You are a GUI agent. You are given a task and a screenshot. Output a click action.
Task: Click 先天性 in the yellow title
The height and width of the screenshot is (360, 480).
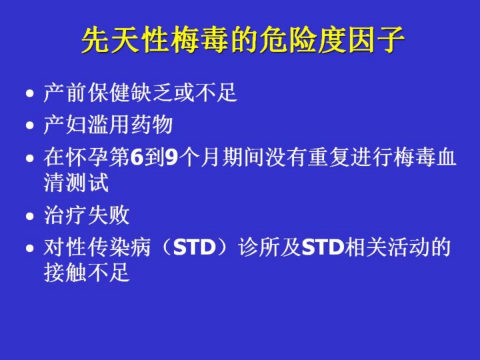[x=125, y=41]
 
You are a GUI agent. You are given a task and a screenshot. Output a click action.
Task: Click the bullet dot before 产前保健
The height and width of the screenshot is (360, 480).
[x=30, y=93]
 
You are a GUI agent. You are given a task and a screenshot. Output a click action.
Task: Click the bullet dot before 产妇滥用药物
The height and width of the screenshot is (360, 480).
[x=30, y=125]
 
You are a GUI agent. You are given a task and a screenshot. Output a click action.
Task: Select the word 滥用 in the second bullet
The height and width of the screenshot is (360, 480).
[x=109, y=125]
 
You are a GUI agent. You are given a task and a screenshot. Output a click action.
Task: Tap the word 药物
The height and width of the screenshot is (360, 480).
[x=152, y=125]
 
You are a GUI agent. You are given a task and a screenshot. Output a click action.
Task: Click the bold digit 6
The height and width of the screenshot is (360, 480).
[x=137, y=157]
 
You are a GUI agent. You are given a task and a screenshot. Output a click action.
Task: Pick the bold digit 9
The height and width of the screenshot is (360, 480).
[x=172, y=157]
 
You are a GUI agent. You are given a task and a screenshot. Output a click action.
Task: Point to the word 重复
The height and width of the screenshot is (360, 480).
[x=329, y=157]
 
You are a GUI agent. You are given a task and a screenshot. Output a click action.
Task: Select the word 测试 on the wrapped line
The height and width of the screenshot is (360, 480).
[x=87, y=183]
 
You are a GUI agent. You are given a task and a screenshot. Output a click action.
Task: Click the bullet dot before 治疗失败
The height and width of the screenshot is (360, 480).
[x=30, y=217]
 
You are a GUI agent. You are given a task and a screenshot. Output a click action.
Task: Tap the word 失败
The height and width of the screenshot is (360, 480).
[x=109, y=215]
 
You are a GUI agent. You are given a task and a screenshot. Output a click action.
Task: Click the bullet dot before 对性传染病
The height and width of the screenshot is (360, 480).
[x=30, y=248]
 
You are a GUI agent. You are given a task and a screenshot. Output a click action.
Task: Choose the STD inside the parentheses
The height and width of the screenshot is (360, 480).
[x=195, y=247]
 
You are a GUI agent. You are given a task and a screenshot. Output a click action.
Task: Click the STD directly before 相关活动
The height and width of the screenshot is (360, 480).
[x=323, y=247]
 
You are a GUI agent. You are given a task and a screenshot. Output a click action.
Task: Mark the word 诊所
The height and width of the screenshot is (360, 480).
[x=259, y=247]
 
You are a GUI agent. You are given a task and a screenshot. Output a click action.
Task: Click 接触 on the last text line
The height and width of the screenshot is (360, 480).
[x=65, y=273]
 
